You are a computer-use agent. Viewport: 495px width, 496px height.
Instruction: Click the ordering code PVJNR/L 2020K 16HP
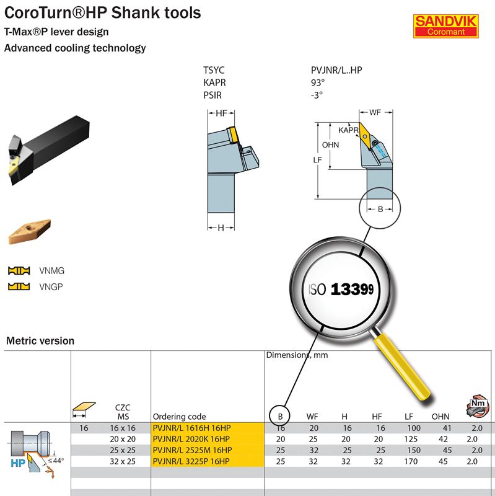click(x=192, y=439)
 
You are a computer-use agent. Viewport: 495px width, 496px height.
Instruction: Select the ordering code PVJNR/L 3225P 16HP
click(x=192, y=461)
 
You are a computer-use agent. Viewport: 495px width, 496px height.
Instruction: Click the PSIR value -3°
click(x=317, y=95)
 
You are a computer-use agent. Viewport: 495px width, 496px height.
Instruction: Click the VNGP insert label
click(x=50, y=286)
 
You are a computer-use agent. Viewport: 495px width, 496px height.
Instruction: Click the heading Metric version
click(x=40, y=340)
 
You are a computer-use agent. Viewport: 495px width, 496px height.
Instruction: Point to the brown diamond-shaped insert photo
click(x=28, y=231)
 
